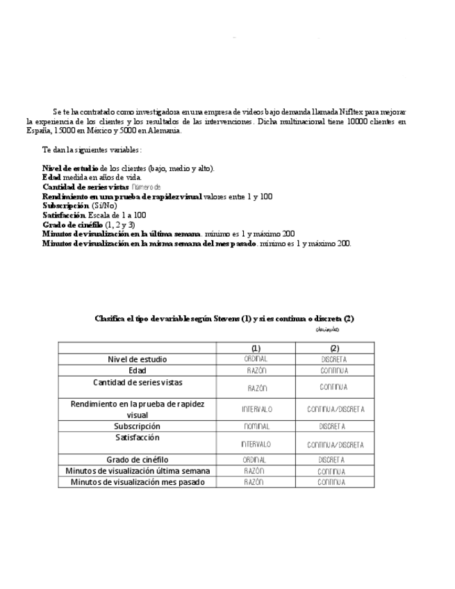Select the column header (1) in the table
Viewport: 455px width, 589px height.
click(x=256, y=348)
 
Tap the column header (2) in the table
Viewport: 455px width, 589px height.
click(x=334, y=348)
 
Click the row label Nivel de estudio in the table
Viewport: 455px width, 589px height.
click(x=138, y=359)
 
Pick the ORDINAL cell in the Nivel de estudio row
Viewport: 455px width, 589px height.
click(x=256, y=359)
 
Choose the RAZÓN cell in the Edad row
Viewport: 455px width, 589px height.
click(x=256, y=371)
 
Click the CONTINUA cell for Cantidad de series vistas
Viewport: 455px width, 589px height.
click(x=334, y=387)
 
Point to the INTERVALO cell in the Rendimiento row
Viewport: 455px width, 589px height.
click(x=257, y=409)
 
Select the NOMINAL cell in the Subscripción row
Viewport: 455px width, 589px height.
click(x=256, y=426)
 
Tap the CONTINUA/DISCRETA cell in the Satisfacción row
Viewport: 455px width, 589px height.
click(x=335, y=445)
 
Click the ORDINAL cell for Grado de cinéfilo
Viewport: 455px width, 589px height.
click(x=256, y=460)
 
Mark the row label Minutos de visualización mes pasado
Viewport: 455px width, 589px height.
click(x=138, y=482)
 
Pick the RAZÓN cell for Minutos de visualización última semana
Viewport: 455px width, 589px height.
click(x=256, y=471)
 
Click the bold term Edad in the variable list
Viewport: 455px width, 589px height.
click(x=51, y=177)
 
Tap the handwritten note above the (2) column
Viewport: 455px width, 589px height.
click(x=327, y=329)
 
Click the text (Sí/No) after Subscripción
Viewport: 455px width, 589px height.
click(x=104, y=206)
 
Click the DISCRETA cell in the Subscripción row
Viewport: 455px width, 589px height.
click(x=334, y=426)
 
